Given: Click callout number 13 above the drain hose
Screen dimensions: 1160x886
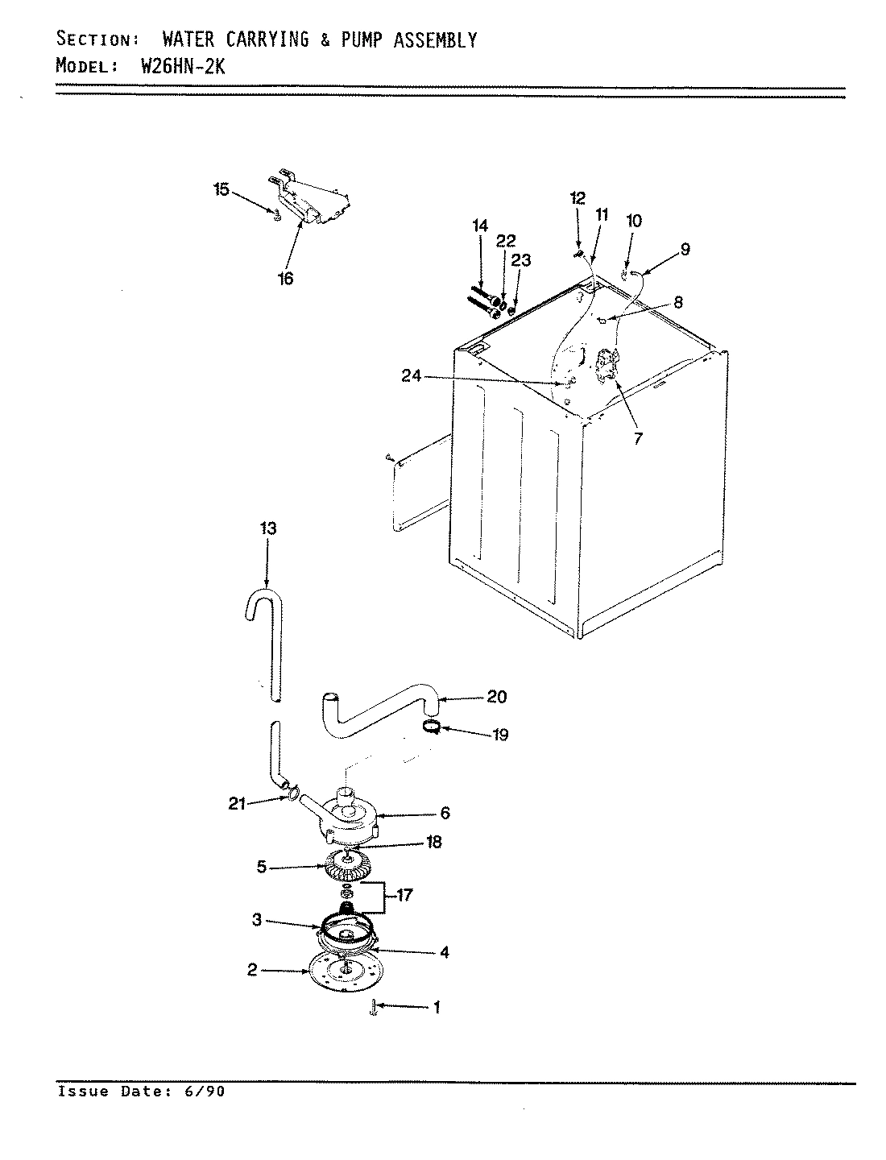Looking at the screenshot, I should click(267, 528).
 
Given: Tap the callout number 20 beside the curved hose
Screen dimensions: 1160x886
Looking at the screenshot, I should click(496, 697).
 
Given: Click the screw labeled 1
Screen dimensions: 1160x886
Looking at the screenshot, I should click(375, 1007).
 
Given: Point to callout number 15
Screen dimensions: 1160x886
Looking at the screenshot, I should click(221, 190).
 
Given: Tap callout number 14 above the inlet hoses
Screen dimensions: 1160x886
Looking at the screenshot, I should click(480, 226).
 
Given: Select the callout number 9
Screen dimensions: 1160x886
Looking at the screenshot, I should click(684, 250).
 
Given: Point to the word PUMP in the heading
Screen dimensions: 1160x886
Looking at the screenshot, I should click(366, 39).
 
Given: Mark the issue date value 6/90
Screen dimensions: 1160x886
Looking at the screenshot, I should click(208, 1092).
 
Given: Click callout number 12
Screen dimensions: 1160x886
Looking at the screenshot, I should click(578, 197).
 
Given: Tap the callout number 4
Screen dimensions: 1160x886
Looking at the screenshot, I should click(445, 952).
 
